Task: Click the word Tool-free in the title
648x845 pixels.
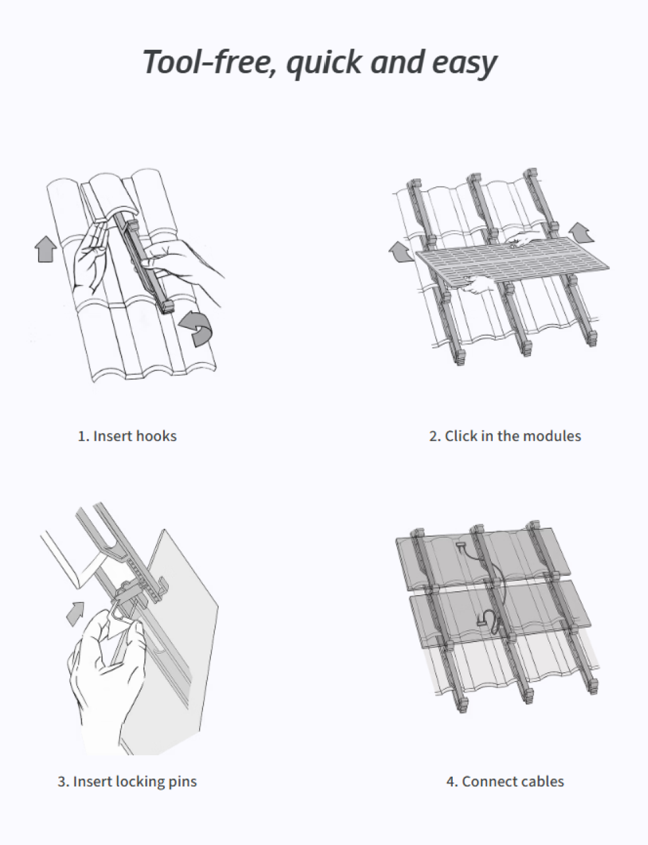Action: (204, 62)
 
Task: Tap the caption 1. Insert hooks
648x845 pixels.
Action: (127, 436)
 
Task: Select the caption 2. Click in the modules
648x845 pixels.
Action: (505, 436)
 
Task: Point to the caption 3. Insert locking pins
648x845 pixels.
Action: (127, 781)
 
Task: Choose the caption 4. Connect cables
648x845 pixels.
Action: (505, 781)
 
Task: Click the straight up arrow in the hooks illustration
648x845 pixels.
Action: (45, 250)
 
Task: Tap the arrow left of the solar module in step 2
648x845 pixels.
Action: (401, 252)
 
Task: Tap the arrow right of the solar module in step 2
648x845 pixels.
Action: (580, 232)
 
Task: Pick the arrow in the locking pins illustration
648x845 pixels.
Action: (76, 612)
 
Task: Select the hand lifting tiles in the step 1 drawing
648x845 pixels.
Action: (89, 260)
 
